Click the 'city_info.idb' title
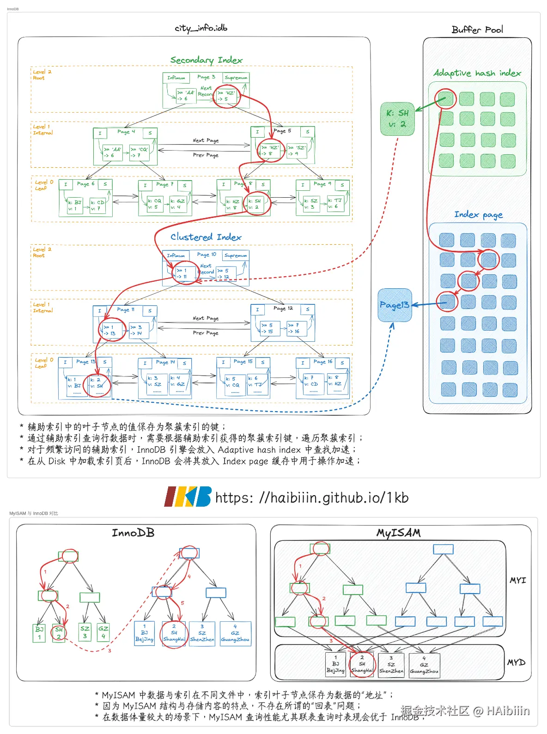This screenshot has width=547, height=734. tap(201, 28)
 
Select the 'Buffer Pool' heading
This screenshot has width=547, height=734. tap(477, 30)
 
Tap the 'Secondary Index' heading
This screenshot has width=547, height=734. tap(206, 60)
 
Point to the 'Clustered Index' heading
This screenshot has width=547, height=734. tap(206, 237)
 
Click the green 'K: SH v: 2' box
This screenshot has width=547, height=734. tap(397, 119)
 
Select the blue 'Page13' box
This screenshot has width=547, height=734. tap(395, 305)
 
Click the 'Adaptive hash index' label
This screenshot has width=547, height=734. tap(477, 73)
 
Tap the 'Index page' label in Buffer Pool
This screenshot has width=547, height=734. tap(478, 215)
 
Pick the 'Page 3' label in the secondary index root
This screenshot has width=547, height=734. tap(206, 77)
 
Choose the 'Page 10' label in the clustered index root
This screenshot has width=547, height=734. tap(207, 255)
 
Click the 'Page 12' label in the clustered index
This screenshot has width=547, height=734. tap(283, 308)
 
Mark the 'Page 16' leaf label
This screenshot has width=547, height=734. tap(322, 362)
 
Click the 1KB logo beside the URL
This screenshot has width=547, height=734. tap(188, 497)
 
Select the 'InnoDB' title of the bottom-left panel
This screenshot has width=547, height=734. tap(133, 533)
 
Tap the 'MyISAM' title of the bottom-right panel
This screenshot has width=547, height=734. tap(398, 533)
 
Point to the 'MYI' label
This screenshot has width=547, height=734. tap(517, 581)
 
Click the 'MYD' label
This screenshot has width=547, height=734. tap(516, 662)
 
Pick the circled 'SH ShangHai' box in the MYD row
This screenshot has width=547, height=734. tap(362, 665)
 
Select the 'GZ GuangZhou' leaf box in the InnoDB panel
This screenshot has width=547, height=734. tap(235, 633)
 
